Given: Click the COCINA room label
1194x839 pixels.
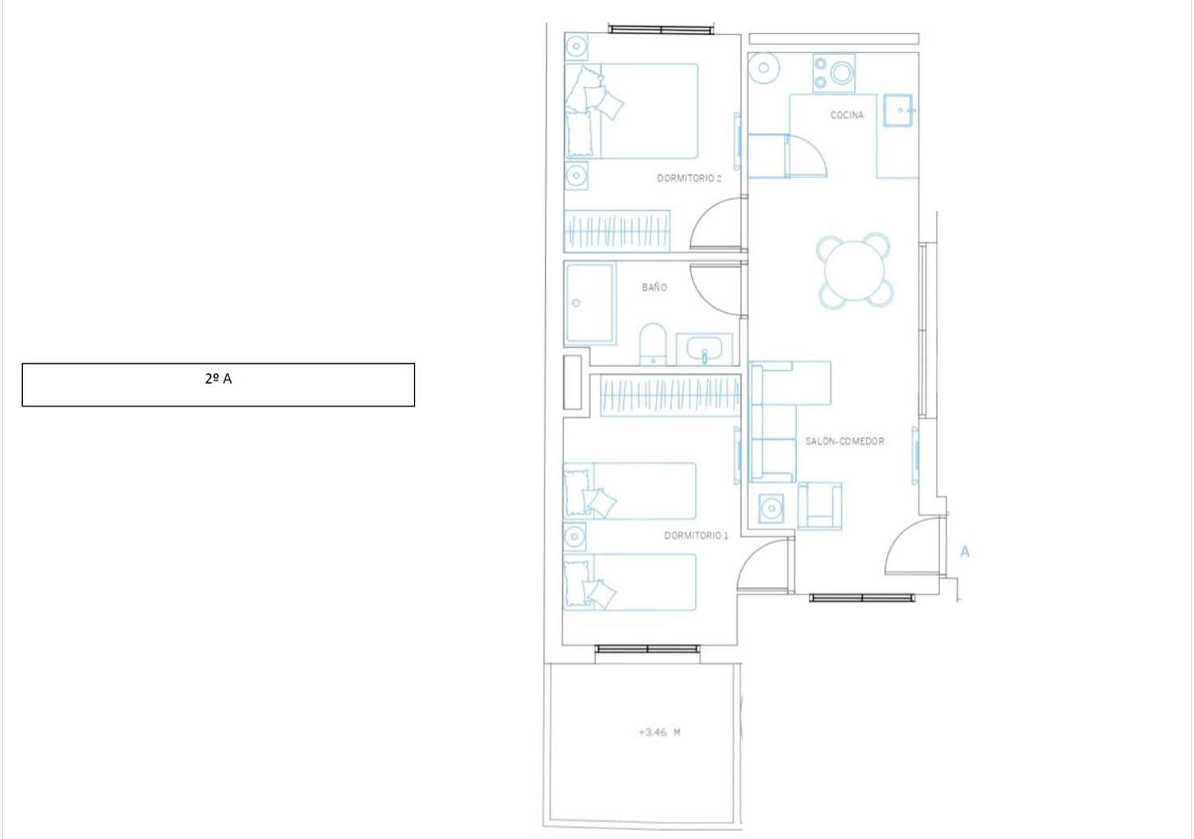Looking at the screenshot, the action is coord(846,115).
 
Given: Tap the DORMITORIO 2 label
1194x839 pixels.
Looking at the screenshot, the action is coord(689,178).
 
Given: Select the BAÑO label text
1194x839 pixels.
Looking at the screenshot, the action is coord(654,287).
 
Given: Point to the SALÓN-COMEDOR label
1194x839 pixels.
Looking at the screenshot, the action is coord(845,441).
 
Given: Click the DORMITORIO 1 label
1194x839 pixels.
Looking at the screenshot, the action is coord(696,535).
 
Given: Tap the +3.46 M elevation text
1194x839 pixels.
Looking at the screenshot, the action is coord(659,732).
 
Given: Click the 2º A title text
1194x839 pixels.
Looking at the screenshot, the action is coord(218,378).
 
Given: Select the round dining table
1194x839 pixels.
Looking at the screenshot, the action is coord(854,271).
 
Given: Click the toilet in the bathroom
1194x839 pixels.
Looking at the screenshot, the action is coord(653,345).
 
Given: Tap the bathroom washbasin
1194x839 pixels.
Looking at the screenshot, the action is coord(704,349).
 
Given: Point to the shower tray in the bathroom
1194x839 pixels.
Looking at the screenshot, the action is coord(590,302).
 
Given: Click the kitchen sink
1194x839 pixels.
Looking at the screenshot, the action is coord(898,111).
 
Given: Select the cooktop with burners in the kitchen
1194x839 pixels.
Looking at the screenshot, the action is coord(833,73).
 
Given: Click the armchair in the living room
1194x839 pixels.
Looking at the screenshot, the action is coord(820,505).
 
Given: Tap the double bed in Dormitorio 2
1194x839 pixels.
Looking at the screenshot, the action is coord(631,111).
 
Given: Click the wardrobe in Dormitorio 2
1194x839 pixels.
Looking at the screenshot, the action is coord(617,231).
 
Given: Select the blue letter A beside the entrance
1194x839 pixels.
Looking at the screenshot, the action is coord(965,552).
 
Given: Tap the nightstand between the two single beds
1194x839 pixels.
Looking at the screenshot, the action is coord(575,537).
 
